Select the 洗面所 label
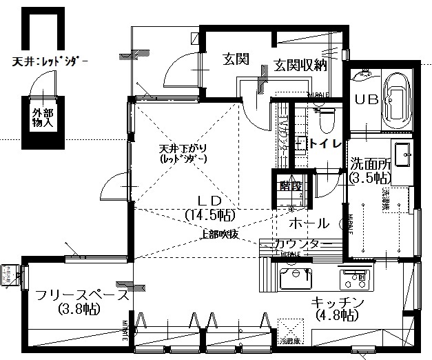click(371, 165)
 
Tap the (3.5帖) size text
click(370, 177)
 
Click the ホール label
click(308, 223)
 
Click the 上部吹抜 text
click(219, 233)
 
